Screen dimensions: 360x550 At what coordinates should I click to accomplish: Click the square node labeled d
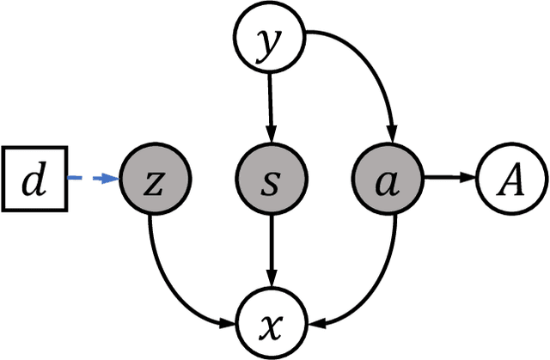(x=34, y=180)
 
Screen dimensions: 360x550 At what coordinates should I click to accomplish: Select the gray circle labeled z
(x=156, y=180)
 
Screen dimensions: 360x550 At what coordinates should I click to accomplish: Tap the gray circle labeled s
(x=271, y=180)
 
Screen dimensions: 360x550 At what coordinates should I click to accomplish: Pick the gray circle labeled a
(x=387, y=180)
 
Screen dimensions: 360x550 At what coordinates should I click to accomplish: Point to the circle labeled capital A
(x=510, y=180)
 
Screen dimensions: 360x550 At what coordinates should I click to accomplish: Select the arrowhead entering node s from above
(x=271, y=137)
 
